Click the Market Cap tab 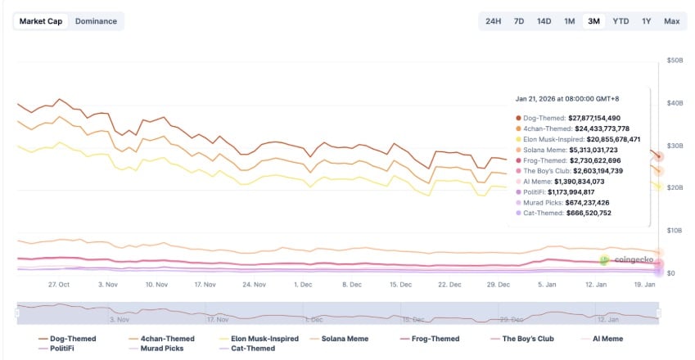tap(41, 20)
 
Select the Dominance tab tap(96, 20)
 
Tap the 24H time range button tap(493, 20)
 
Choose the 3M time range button tap(594, 20)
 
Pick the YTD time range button tap(621, 20)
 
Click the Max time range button tap(672, 20)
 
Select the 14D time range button tap(544, 20)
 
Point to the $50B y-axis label tap(676, 60)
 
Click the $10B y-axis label tap(676, 231)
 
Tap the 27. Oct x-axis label tap(58, 285)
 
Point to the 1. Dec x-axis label tap(303, 285)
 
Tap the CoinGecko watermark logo tap(627, 259)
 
